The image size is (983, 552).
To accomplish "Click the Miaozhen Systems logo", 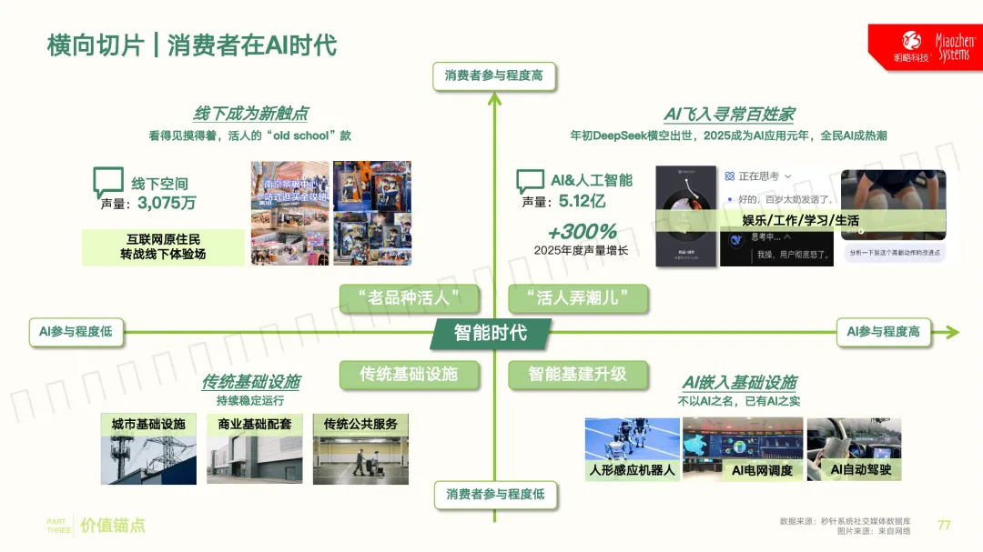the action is pyautogui.click(x=925, y=46).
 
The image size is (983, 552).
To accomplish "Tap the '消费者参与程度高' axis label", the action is pyautogui.click(x=493, y=75).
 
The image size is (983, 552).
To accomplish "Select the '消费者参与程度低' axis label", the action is pyautogui.click(x=493, y=494).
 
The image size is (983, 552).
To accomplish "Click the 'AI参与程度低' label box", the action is pyautogui.click(x=76, y=332).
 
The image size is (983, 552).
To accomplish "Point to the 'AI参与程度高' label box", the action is pyautogui.click(x=883, y=332).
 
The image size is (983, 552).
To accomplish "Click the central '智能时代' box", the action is pyautogui.click(x=491, y=333).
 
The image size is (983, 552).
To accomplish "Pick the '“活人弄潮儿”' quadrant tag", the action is pyautogui.click(x=577, y=298).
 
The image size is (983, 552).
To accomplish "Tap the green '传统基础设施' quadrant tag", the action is pyautogui.click(x=408, y=374).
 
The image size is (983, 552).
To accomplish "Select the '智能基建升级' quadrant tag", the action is pyautogui.click(x=577, y=374).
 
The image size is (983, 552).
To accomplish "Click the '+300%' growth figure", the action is pyautogui.click(x=582, y=232).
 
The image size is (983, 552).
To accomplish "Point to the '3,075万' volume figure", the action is pyautogui.click(x=167, y=202).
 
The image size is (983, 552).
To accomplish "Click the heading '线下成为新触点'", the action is pyautogui.click(x=250, y=114).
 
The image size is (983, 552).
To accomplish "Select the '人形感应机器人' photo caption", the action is pyautogui.click(x=632, y=470).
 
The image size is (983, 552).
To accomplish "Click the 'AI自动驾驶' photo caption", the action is pyautogui.click(x=860, y=470).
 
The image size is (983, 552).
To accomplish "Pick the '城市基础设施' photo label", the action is pyautogui.click(x=148, y=424).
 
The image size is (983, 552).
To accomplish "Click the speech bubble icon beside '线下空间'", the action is pyautogui.click(x=108, y=182).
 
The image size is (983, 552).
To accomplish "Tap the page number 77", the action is pyautogui.click(x=944, y=525).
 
